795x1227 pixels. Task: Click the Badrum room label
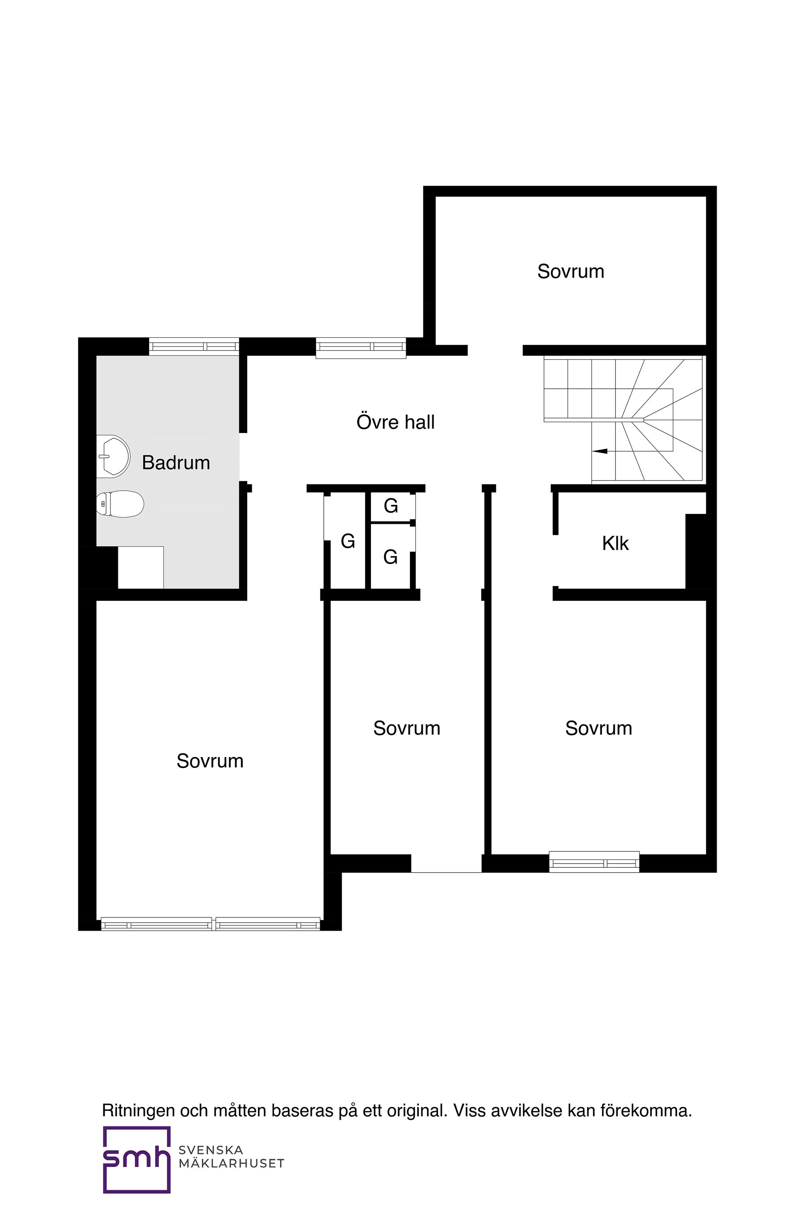point(176,462)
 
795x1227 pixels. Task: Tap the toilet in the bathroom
point(120,504)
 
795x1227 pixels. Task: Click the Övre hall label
point(395,422)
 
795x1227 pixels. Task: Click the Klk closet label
point(615,543)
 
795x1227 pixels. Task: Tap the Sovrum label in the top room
point(570,272)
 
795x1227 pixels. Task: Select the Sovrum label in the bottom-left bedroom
point(210,761)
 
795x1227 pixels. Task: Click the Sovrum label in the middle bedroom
point(407,728)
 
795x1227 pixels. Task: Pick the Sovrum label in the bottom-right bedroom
point(598,728)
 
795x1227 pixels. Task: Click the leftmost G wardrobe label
point(348,541)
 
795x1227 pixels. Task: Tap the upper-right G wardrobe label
point(390,506)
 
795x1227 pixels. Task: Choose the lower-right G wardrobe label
point(390,557)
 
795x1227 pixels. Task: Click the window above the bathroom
point(194,346)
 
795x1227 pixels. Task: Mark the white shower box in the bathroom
point(141,567)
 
